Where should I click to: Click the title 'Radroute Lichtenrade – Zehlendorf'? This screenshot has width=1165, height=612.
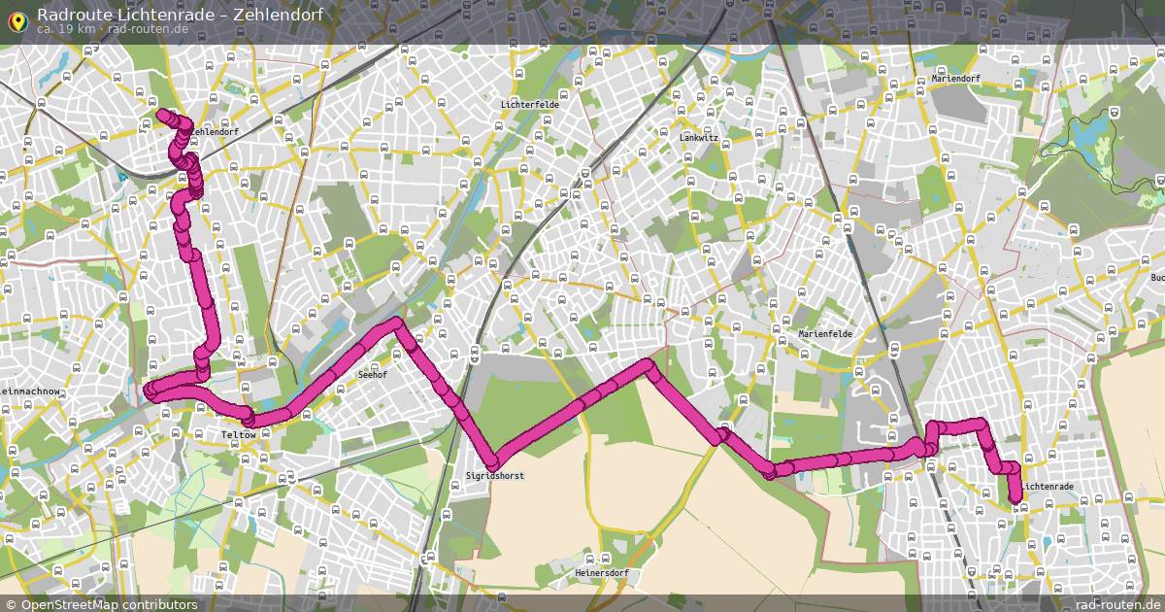click(180, 15)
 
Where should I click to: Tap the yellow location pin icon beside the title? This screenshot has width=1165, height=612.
click(17, 19)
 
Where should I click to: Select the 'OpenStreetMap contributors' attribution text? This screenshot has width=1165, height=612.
click(109, 604)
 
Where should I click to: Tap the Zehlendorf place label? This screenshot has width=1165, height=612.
click(215, 131)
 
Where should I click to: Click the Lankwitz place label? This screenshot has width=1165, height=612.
click(699, 138)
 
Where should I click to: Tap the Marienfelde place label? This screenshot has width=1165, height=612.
click(825, 334)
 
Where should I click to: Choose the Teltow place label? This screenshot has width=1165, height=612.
click(239, 434)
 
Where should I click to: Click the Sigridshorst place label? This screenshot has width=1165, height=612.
click(495, 476)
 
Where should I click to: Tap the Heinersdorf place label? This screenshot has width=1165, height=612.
click(603, 573)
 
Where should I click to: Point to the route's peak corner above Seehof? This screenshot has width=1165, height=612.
click(395, 322)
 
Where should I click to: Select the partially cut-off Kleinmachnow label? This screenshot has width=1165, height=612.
click(31, 391)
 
